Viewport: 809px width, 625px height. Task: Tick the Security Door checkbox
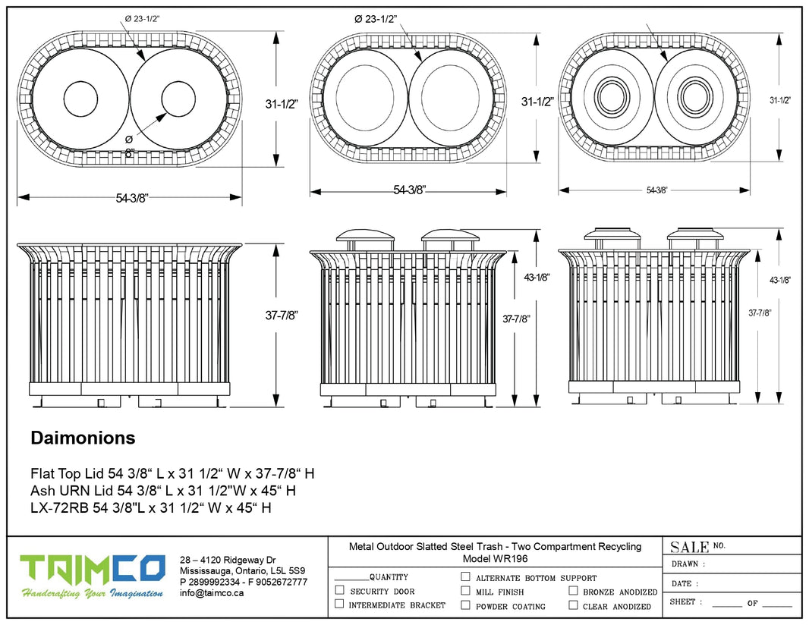click(x=339, y=590)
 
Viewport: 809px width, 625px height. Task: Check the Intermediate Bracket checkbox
click(x=339, y=604)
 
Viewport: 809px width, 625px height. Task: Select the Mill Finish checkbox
click(x=465, y=590)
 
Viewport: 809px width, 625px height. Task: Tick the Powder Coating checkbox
click(x=465, y=605)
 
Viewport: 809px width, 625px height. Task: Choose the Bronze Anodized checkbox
click(x=574, y=590)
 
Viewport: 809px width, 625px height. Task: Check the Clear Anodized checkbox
click(x=574, y=605)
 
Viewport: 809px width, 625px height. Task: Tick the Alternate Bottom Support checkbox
click(x=465, y=576)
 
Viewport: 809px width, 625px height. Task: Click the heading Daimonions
click(x=83, y=438)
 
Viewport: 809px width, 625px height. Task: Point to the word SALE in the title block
click(x=689, y=547)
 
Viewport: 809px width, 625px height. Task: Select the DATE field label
click(x=682, y=583)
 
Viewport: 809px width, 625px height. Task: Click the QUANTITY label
click(x=389, y=577)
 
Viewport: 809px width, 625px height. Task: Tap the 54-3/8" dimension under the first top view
click(x=132, y=198)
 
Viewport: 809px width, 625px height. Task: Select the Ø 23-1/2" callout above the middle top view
click(x=376, y=19)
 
